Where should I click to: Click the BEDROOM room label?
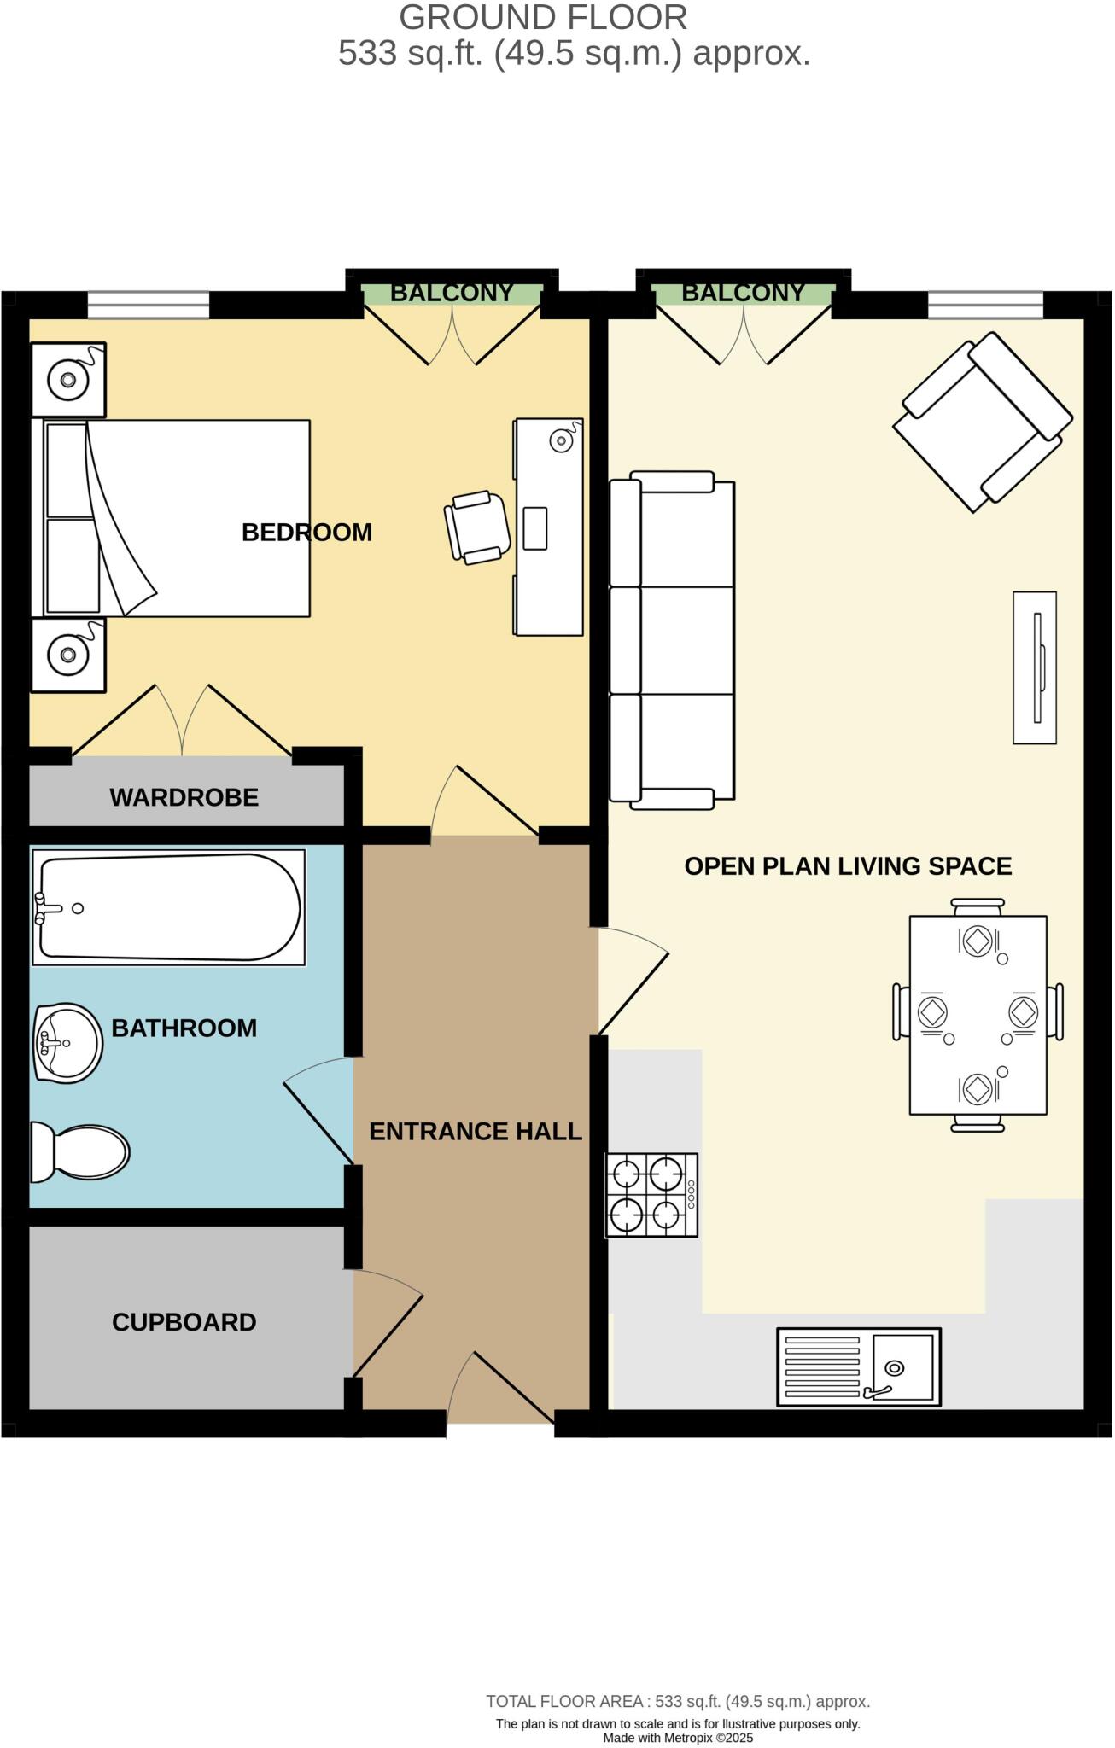pyautogui.click(x=306, y=533)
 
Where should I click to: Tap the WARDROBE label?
pyautogui.click(x=184, y=798)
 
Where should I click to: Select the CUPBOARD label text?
pyautogui.click(x=184, y=1322)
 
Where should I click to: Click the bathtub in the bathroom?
pyautogui.click(x=169, y=907)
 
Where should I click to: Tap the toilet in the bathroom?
pyautogui.click(x=81, y=1151)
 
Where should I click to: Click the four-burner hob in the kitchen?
pyautogui.click(x=651, y=1195)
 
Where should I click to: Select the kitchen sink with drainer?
pyautogui.click(x=858, y=1366)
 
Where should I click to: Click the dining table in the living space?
pyautogui.click(x=978, y=1015)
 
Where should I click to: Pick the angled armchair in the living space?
pyautogui.click(x=982, y=422)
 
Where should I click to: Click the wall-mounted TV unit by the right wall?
pyautogui.click(x=1035, y=667)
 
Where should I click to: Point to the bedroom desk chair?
pyautogui.click(x=476, y=527)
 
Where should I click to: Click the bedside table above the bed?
pyautogui.click(x=68, y=380)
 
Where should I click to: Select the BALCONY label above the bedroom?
pyautogui.click(x=452, y=293)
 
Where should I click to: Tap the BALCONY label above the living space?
pyautogui.click(x=743, y=293)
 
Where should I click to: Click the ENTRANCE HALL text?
pyautogui.click(x=475, y=1132)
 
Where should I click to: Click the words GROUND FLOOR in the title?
pyautogui.click(x=543, y=18)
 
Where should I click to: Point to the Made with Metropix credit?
pyautogui.click(x=678, y=1738)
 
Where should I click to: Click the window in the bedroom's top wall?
pyautogui.click(x=149, y=305)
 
